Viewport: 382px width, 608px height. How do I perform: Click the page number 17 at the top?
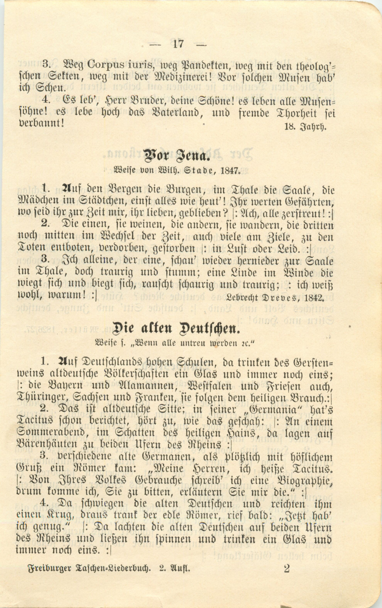(178, 44)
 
